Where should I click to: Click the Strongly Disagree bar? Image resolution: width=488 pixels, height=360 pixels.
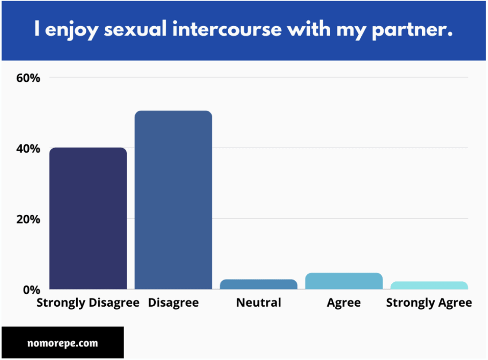[x=88, y=218]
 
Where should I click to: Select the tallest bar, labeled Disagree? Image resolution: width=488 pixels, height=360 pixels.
[x=173, y=200]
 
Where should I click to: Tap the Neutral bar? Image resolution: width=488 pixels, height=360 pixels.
[x=259, y=284]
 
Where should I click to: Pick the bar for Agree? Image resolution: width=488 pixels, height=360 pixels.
[x=344, y=281]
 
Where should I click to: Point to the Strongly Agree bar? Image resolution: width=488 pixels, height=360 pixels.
[x=429, y=285]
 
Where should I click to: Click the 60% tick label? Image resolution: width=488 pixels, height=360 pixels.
[x=28, y=78]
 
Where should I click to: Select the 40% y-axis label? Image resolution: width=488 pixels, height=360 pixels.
[x=28, y=149]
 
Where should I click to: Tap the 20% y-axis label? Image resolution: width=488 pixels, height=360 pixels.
[x=28, y=220]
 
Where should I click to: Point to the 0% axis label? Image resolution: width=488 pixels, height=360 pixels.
[x=31, y=290]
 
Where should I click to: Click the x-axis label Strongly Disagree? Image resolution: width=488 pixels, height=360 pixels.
[x=88, y=303]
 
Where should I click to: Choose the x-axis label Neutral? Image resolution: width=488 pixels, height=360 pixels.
[x=259, y=302]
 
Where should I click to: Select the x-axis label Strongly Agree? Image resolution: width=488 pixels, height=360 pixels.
[x=429, y=303]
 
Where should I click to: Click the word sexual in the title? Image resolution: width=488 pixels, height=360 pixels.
[x=135, y=29]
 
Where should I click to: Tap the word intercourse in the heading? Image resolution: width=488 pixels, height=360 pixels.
[x=227, y=29]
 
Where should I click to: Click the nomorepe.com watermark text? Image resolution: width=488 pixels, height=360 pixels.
[x=62, y=343]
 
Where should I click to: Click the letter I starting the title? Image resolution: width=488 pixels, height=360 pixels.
[x=37, y=29]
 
